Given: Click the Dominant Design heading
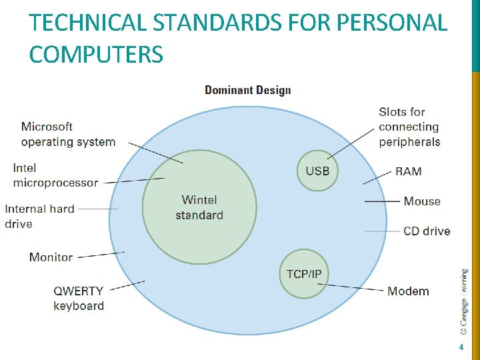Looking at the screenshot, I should pos(247,90).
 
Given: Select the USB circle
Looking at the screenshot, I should pos(317,171).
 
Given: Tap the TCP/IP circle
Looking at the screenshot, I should pos(304,274).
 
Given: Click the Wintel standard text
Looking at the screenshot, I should pos(199,207).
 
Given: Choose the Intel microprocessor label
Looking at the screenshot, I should pos(55,175).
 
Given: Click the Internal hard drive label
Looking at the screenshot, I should pos(39,216).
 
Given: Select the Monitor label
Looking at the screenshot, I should pos(51,257).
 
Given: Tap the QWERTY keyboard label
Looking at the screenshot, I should pos(79,298).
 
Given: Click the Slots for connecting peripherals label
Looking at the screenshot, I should pos(409,127).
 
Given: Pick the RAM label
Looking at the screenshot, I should pos(408,171).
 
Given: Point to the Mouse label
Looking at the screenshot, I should pos(421,201).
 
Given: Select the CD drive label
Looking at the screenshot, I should pos(427,231).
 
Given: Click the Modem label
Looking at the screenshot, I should pos(408,291).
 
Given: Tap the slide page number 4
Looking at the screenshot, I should pos(461,347).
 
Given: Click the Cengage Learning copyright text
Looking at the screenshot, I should pos(464,301).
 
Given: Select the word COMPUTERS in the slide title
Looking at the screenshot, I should pos(96,54).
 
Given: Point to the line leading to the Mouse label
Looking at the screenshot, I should pos(382,201).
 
